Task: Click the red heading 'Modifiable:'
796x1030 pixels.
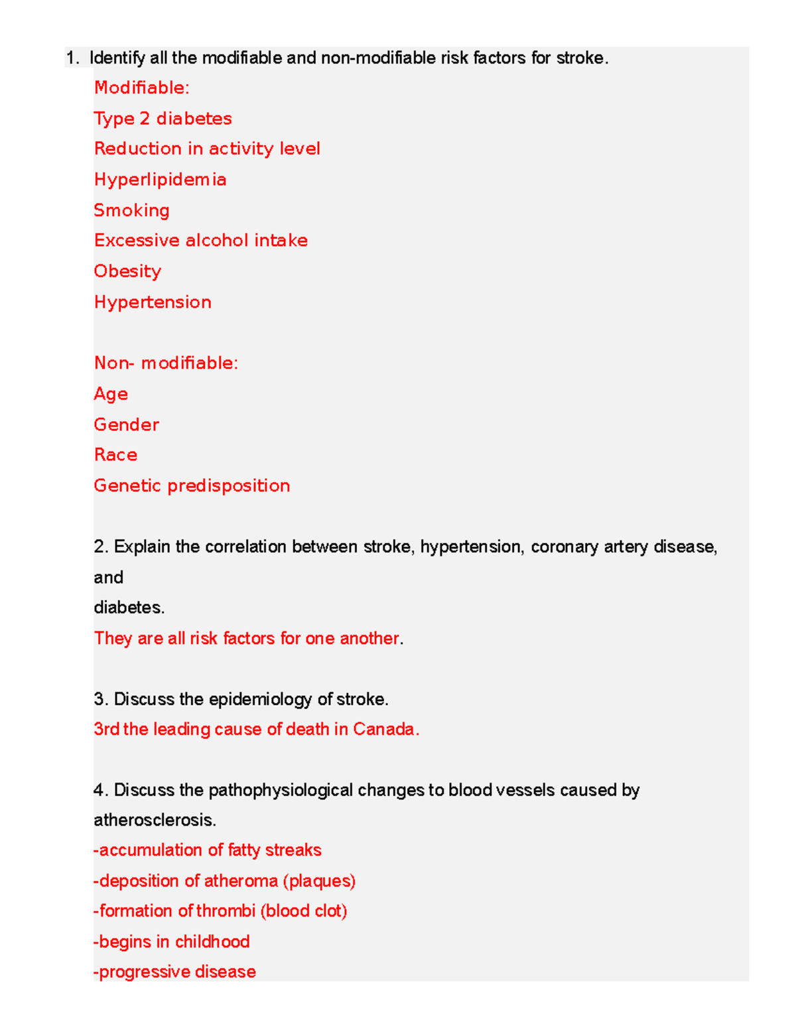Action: pyautogui.click(x=141, y=88)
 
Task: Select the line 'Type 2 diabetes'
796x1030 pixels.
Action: pyautogui.click(x=163, y=119)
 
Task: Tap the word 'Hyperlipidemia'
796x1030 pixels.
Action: pyautogui.click(x=160, y=180)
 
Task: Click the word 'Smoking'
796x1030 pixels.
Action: pyautogui.click(x=131, y=210)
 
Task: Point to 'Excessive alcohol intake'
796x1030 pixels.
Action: pyautogui.click(x=200, y=240)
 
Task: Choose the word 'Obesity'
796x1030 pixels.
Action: pyautogui.click(x=127, y=271)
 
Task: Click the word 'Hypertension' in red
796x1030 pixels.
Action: pyautogui.click(x=153, y=302)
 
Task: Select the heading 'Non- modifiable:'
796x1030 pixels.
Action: pyautogui.click(x=166, y=363)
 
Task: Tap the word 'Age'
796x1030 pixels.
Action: pyautogui.click(x=111, y=394)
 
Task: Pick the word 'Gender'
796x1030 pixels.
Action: pyautogui.click(x=126, y=424)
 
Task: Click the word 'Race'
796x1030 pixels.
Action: pyautogui.click(x=115, y=455)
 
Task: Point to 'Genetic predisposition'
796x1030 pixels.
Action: pyautogui.click(x=192, y=485)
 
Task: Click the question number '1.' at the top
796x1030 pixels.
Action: pyautogui.click(x=73, y=58)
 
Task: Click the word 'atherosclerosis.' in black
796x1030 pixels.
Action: pyautogui.click(x=155, y=820)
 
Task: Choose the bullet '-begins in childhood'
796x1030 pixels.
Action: pyautogui.click(x=172, y=942)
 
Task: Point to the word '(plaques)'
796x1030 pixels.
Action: pyautogui.click(x=319, y=881)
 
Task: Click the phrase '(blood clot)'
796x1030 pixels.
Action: pyautogui.click(x=304, y=911)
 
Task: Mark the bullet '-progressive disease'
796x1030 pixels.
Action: pyautogui.click(x=174, y=972)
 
